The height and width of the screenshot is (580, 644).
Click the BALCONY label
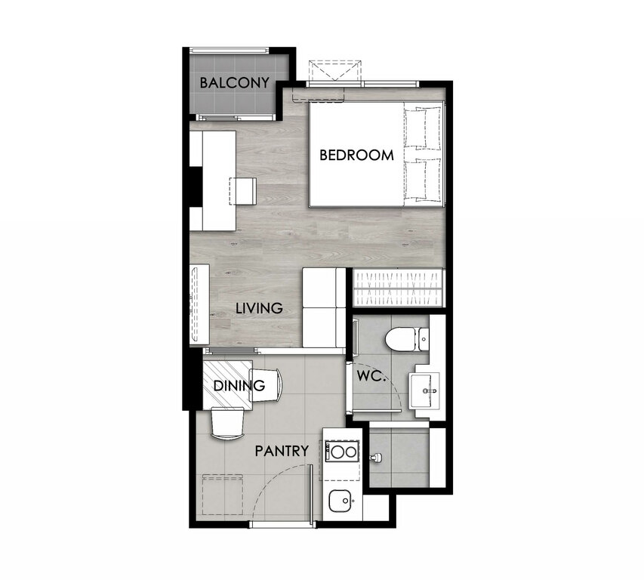click(x=234, y=83)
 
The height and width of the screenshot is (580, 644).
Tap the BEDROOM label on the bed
click(x=356, y=156)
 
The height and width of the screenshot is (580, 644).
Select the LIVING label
click(x=259, y=308)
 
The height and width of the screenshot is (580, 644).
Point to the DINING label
click(x=239, y=386)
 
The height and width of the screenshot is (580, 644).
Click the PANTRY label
click(x=282, y=451)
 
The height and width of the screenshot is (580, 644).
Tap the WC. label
click(x=371, y=376)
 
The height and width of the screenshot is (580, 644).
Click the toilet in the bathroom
click(x=408, y=339)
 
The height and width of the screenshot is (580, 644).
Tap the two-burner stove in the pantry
click(x=342, y=452)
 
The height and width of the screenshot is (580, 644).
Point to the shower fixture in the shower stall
click(x=375, y=457)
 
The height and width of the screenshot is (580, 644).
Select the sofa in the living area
click(x=324, y=307)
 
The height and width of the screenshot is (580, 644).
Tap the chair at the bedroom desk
click(x=243, y=191)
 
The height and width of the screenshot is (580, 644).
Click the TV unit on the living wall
click(x=199, y=304)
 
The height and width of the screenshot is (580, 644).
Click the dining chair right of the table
click(x=266, y=385)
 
